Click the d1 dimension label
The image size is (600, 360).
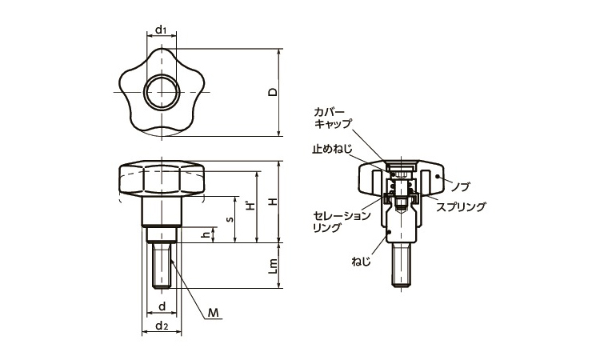[161, 30]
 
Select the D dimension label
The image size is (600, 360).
[273, 93]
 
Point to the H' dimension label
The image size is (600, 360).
[250, 206]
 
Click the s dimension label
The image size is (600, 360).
[230, 218]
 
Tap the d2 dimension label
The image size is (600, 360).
[161, 326]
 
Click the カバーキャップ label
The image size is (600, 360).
[330, 118]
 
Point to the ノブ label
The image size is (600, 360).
[461, 186]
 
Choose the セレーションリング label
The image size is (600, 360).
[342, 222]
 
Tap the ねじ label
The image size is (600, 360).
[361, 261]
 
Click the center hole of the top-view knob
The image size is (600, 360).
[161, 93]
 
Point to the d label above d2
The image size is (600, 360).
[161, 307]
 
